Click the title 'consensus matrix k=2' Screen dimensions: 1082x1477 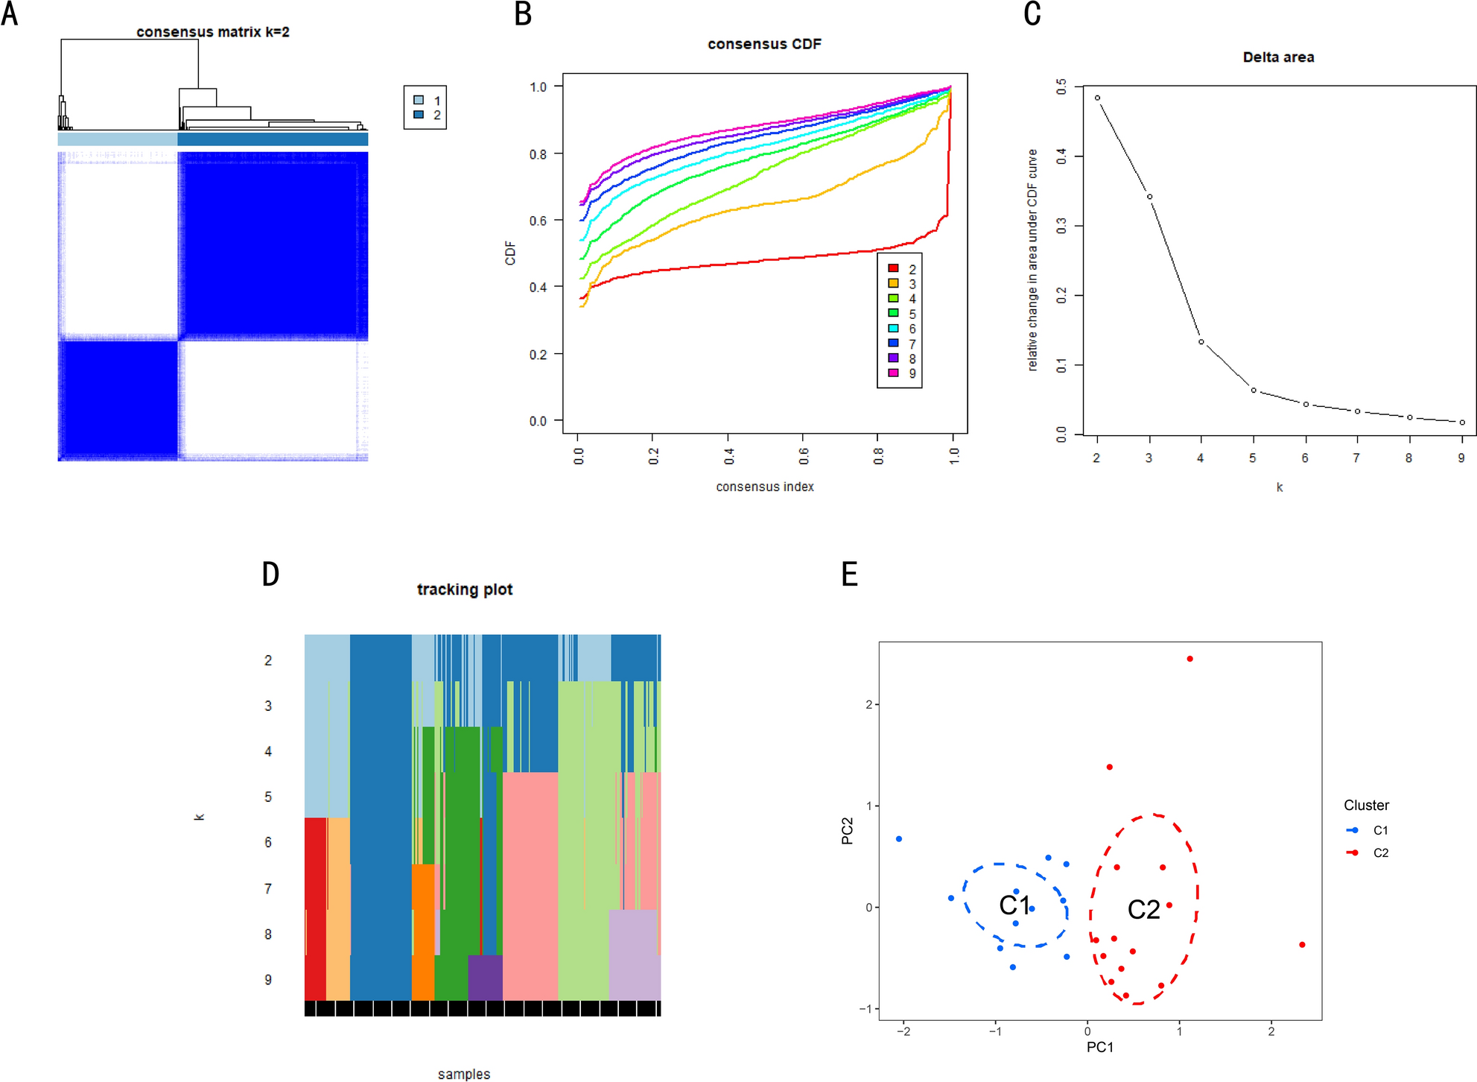coord(212,32)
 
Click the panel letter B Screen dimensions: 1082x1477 coord(523,14)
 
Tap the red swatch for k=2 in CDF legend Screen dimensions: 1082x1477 coord(893,268)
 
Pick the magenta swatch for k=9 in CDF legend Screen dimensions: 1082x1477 coord(893,373)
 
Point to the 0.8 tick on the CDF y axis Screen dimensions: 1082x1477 coord(538,154)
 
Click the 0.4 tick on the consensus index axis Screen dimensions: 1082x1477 coord(728,455)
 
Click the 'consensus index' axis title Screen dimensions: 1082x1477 coord(764,487)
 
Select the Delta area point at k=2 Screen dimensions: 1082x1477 coord(1097,98)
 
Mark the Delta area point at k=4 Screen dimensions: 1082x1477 coord(1201,342)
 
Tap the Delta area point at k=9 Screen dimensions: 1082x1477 coord(1462,423)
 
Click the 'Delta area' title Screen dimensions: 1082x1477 coord(1278,57)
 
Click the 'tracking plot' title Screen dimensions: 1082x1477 coord(464,589)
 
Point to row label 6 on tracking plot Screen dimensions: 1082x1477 coord(268,842)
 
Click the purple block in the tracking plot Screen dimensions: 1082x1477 coord(485,977)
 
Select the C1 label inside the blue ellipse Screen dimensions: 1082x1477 coord(1014,905)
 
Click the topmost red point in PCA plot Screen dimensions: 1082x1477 coord(1189,659)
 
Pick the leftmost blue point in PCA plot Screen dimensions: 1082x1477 coord(899,839)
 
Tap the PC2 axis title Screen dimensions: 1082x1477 coord(847,831)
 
